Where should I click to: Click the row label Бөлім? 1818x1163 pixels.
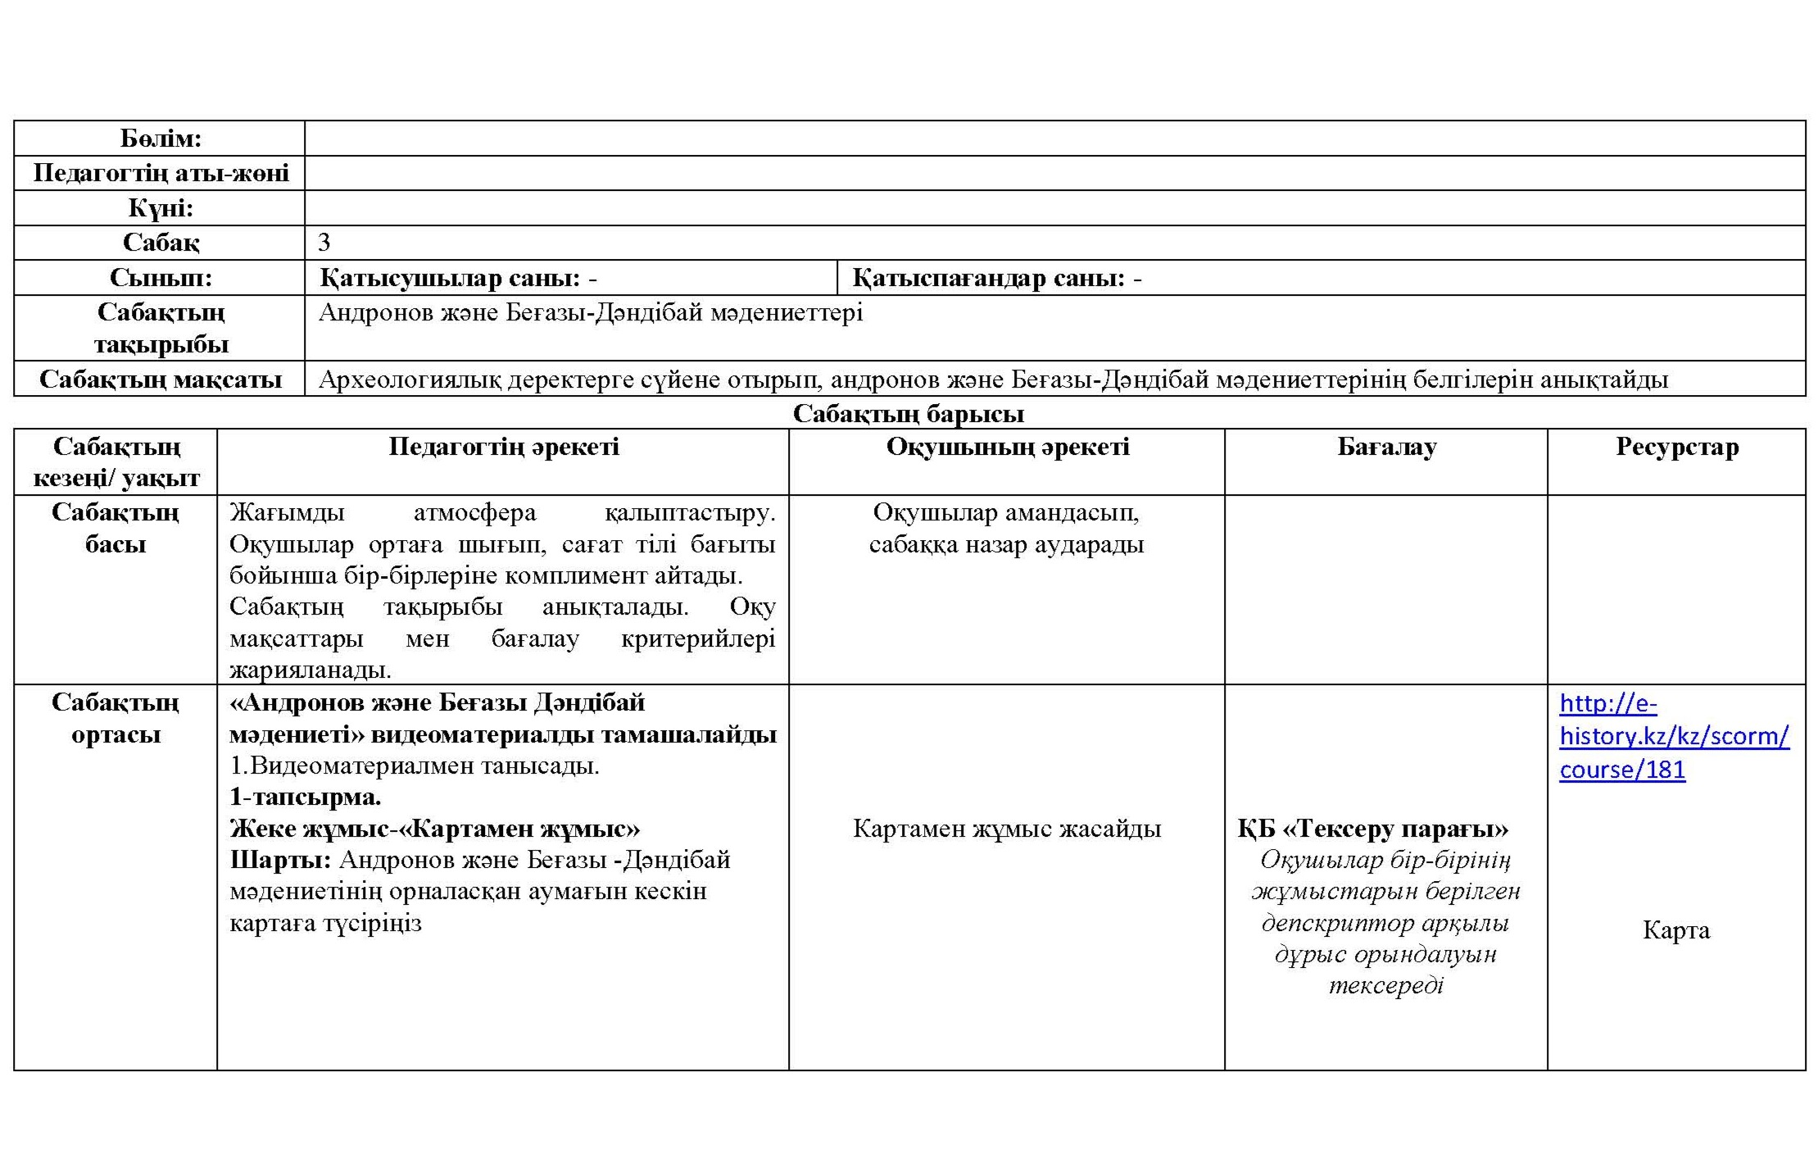[161, 139]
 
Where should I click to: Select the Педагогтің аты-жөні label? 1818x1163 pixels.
[161, 174]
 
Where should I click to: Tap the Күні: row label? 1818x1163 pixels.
[161, 208]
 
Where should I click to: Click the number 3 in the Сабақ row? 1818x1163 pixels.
[324, 243]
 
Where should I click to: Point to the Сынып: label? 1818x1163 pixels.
[161, 278]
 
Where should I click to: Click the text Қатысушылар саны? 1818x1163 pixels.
[450, 279]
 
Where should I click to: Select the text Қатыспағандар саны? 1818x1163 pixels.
[988, 279]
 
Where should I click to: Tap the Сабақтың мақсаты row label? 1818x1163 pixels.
[161, 379]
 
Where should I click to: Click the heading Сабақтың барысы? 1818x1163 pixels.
[909, 414]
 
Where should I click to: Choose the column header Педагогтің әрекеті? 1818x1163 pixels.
[503, 447]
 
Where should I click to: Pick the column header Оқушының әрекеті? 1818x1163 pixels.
[1007, 447]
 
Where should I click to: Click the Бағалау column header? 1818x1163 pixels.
[1386, 447]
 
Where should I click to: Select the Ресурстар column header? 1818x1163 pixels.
[1676, 447]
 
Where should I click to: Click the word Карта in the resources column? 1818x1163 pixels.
[1676, 930]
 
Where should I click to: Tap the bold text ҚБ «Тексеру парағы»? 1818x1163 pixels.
[1372, 829]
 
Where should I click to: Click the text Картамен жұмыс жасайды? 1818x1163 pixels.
[1007, 829]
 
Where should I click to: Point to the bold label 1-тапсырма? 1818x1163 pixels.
[305, 797]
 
